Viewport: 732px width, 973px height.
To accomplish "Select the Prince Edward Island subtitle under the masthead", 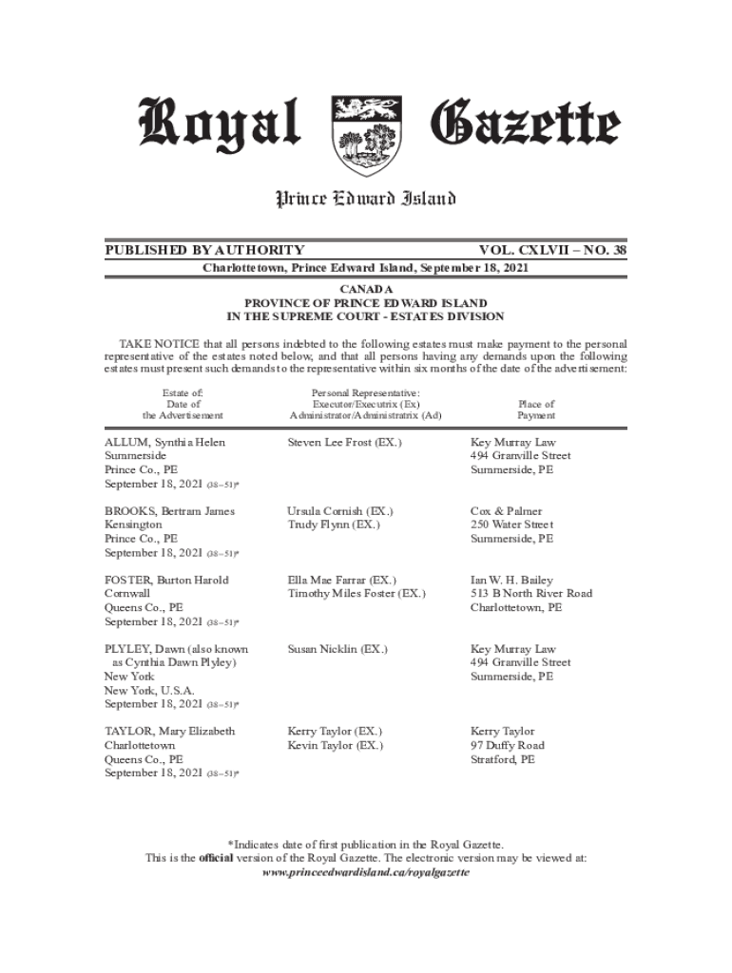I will (x=365, y=199).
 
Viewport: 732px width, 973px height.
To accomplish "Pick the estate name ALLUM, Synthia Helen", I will (x=165, y=443).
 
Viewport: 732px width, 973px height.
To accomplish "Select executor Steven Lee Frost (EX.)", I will (x=344, y=443).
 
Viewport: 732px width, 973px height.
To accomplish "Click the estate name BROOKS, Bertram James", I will (x=169, y=511).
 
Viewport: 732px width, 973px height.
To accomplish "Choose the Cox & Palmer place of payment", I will (x=506, y=511).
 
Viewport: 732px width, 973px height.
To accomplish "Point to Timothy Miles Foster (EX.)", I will (x=356, y=594).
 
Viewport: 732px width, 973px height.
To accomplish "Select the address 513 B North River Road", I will (x=531, y=594).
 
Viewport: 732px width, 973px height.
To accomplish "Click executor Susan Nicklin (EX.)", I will (x=337, y=649).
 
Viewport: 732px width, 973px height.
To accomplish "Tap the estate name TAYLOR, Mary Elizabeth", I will (x=170, y=732).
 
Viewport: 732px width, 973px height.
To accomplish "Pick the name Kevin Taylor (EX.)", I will (x=335, y=746).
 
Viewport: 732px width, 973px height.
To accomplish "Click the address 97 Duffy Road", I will (x=508, y=746).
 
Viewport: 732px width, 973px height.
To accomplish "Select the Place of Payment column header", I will (x=536, y=410).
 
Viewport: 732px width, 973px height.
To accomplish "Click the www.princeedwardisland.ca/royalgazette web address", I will (x=365, y=871).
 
